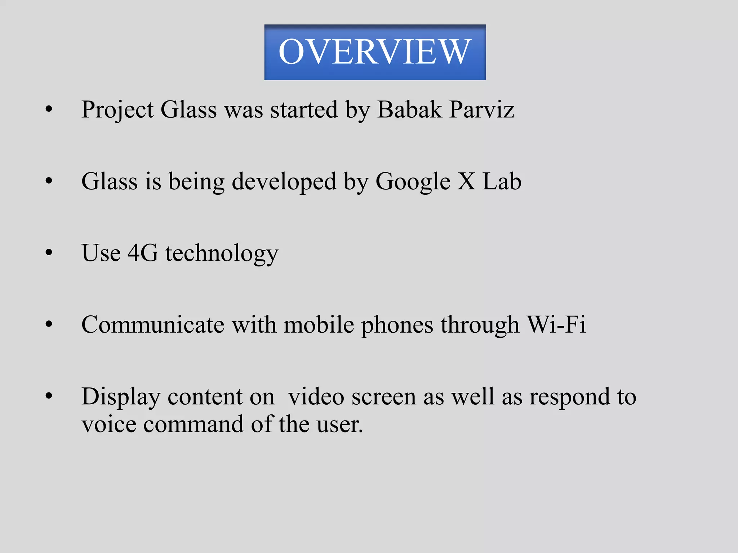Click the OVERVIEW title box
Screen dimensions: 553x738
(375, 52)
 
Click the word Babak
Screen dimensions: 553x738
(409, 109)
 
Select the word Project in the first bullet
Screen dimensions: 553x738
(117, 110)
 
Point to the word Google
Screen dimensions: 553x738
(413, 182)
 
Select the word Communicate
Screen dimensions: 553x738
(153, 325)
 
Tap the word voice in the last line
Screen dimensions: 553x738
(109, 425)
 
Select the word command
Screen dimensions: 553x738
(193, 425)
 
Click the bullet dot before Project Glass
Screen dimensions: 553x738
(49, 109)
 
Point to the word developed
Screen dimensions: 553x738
(284, 182)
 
